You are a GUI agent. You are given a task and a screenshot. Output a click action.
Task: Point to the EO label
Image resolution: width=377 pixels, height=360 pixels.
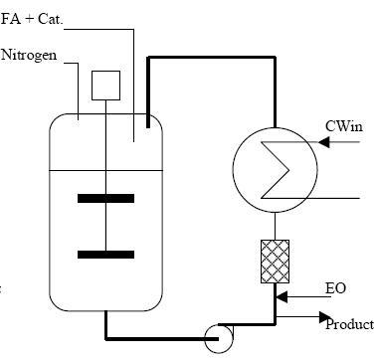click(x=336, y=288)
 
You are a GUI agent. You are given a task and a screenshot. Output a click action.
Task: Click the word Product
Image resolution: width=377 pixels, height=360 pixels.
click(x=350, y=324)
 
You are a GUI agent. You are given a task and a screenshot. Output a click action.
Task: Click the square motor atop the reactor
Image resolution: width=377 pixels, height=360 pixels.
click(x=104, y=87)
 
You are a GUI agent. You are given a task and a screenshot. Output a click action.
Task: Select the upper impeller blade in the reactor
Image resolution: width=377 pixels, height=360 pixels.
click(x=104, y=198)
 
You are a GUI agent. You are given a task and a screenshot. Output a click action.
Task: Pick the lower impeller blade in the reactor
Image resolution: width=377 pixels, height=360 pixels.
click(x=104, y=255)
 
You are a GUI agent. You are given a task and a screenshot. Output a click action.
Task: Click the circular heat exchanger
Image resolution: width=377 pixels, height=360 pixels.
click(x=269, y=169)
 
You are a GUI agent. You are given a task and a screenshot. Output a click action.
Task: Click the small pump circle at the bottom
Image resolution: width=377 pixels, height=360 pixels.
click(x=217, y=338)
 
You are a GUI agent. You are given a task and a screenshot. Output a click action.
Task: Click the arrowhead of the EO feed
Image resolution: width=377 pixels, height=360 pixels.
click(x=283, y=295)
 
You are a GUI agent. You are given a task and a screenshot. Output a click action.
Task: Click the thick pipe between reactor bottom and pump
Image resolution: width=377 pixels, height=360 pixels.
click(x=149, y=336)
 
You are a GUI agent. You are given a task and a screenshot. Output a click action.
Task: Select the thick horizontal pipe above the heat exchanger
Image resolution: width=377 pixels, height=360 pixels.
click(x=211, y=59)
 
